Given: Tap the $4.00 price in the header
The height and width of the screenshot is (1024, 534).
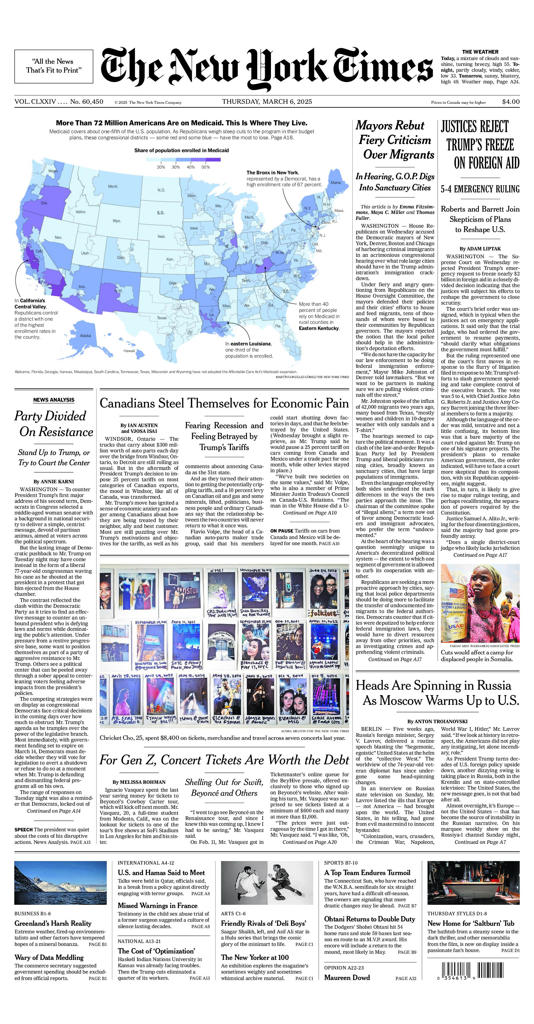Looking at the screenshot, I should (x=511, y=101).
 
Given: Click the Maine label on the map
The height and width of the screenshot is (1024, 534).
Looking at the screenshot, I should (x=336, y=182).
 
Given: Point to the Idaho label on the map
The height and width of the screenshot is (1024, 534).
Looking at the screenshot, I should (x=80, y=212).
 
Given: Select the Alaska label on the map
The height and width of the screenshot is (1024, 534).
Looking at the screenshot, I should (x=85, y=336).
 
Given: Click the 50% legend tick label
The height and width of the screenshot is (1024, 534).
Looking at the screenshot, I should (x=206, y=167).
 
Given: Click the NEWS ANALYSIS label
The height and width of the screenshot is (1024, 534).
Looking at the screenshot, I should (x=54, y=400).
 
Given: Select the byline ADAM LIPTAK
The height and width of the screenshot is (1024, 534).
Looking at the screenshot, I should (x=480, y=248).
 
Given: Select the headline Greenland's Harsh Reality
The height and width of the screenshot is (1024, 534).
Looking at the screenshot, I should (x=53, y=923).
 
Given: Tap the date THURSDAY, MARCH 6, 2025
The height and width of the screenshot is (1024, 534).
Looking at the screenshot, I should (x=267, y=101).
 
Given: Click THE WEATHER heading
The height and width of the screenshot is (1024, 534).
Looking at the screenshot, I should (x=480, y=52).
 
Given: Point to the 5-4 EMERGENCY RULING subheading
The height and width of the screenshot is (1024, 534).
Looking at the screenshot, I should (x=480, y=189).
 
